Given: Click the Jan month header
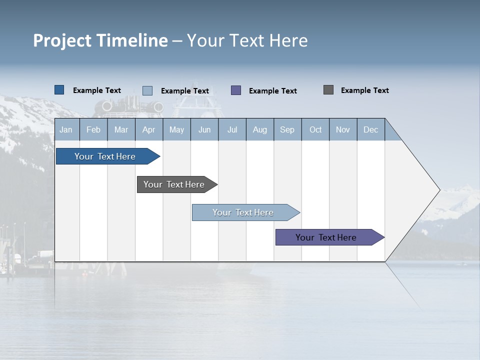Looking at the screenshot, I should click(x=66, y=129).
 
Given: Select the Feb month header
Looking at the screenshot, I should click(x=93, y=129).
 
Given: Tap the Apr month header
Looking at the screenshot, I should click(x=149, y=129).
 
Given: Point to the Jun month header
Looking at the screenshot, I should click(x=204, y=129).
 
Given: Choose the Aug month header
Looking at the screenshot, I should click(x=260, y=129).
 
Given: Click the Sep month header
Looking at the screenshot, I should click(x=287, y=129).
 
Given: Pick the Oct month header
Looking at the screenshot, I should click(x=315, y=129).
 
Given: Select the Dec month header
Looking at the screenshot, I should click(x=371, y=129).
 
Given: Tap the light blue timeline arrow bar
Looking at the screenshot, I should click(x=243, y=212).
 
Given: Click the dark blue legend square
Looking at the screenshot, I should click(x=59, y=90).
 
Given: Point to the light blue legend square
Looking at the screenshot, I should click(x=147, y=90).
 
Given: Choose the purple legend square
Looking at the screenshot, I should click(x=236, y=90).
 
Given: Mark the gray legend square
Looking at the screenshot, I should click(x=328, y=90).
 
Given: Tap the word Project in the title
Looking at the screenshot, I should click(x=62, y=40).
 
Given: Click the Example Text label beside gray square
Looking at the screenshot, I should click(x=364, y=90).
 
